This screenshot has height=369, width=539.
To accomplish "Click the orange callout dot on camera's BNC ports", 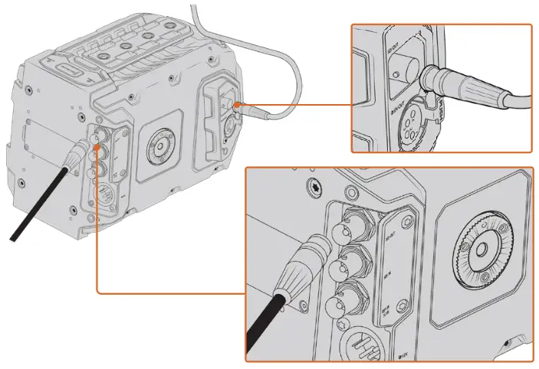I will click(97, 136).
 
